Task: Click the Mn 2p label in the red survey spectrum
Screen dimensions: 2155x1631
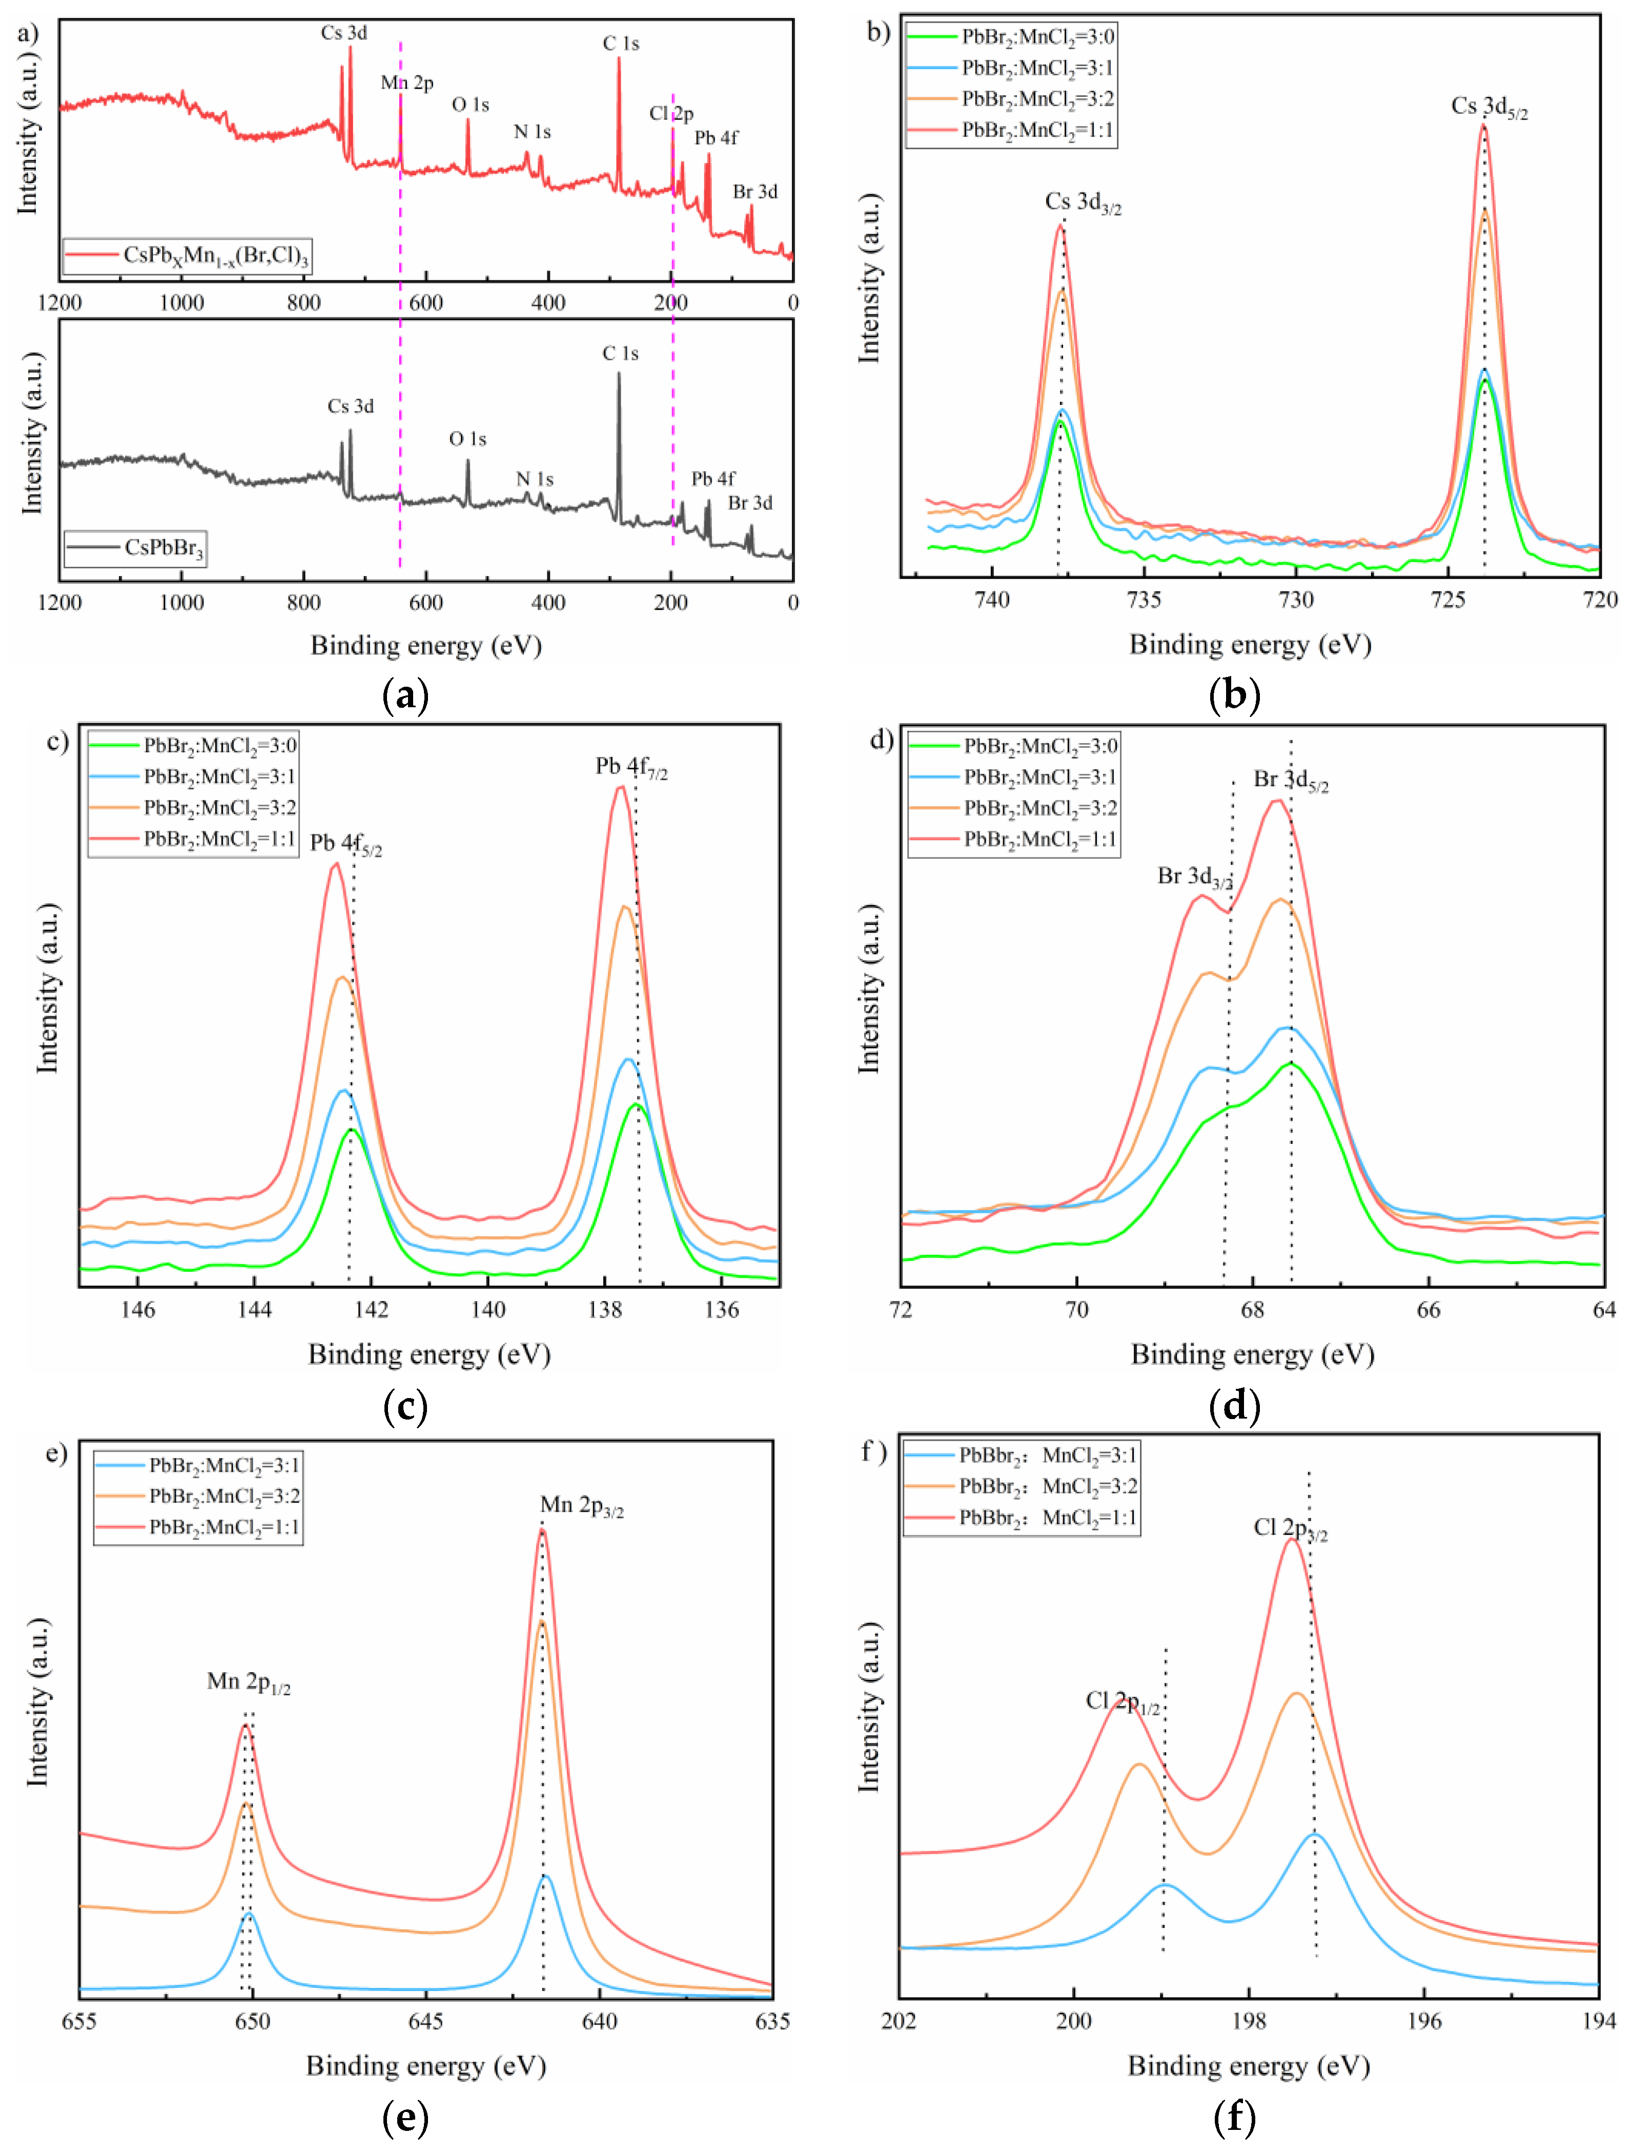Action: (406, 83)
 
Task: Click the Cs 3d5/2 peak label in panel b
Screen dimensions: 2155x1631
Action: (1488, 107)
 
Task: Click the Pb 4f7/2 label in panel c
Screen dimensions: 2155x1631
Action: (631, 768)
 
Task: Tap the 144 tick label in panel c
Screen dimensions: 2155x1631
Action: (254, 1310)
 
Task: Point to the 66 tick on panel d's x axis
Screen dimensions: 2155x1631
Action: (1429, 1310)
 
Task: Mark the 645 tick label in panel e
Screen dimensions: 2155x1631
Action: (426, 2022)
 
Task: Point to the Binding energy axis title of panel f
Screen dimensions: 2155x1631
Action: (1248, 2065)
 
